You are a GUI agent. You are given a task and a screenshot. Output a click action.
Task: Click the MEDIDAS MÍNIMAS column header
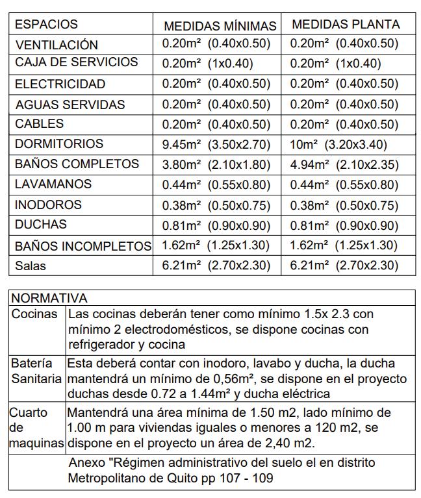click(x=220, y=26)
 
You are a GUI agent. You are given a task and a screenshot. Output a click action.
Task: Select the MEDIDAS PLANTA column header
click(x=346, y=25)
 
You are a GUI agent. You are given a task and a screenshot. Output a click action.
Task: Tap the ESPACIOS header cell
click(x=46, y=25)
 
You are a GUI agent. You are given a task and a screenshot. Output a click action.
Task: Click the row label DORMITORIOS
click(x=59, y=143)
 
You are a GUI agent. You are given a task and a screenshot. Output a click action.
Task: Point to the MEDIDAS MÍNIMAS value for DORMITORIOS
click(x=215, y=144)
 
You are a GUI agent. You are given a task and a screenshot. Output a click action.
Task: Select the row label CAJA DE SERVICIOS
click(x=76, y=62)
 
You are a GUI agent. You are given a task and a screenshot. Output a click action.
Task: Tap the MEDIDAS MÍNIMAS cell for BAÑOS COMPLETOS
click(x=216, y=165)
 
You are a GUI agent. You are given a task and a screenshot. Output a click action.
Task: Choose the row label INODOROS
click(x=48, y=205)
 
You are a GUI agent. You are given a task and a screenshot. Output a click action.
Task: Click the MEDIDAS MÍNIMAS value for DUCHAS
click(x=216, y=225)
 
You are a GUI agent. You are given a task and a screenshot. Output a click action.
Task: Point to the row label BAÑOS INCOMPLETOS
click(x=83, y=246)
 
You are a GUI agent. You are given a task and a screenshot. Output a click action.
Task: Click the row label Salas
click(x=31, y=266)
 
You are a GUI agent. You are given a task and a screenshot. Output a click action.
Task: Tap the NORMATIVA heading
click(x=49, y=299)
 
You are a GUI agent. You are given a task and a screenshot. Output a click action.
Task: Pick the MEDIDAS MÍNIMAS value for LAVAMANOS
click(x=216, y=185)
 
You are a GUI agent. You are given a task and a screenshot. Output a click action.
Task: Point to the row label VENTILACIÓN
click(x=57, y=45)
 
